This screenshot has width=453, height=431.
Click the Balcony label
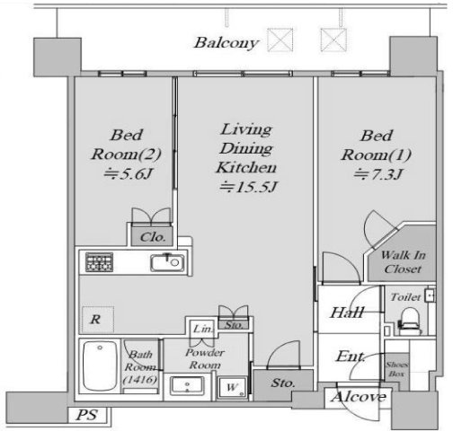(x=226, y=42)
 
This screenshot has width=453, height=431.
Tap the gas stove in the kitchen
(x=99, y=262)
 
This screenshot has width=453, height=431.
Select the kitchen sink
(x=167, y=263)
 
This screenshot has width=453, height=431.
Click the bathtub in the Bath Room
(x=100, y=365)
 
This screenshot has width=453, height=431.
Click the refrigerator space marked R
(x=98, y=320)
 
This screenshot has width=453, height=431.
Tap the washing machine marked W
(x=233, y=388)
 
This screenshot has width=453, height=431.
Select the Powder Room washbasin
(x=187, y=385)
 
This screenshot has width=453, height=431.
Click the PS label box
(x=87, y=415)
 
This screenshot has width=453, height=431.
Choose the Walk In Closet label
(x=403, y=262)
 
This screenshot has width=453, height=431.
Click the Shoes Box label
(x=397, y=369)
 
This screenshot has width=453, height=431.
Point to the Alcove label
(x=359, y=397)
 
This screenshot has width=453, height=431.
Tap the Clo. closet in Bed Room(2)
(x=153, y=237)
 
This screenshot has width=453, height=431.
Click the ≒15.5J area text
(x=247, y=188)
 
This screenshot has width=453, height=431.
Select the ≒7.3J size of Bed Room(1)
(x=377, y=174)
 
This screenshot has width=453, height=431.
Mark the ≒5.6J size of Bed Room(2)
(x=128, y=174)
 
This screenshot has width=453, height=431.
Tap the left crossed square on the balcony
(x=280, y=40)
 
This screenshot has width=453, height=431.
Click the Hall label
(x=347, y=312)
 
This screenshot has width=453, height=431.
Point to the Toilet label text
(x=405, y=297)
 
